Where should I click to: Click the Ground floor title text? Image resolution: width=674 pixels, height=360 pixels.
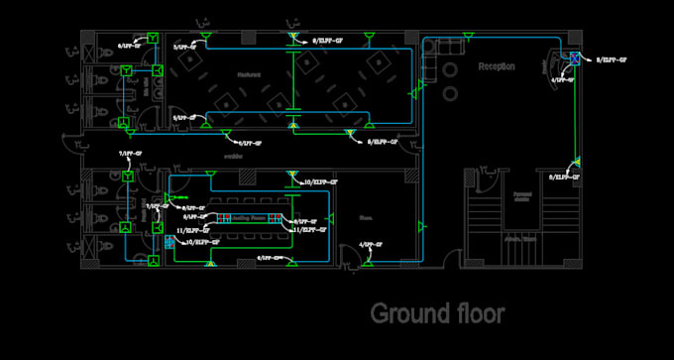tap(437, 313)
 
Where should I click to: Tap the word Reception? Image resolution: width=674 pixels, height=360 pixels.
tap(497, 66)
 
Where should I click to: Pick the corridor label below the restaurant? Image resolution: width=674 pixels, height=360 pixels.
tap(233, 156)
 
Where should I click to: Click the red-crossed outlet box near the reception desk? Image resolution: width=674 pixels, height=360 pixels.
tap(573, 57)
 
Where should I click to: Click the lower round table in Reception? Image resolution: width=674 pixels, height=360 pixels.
tap(451, 93)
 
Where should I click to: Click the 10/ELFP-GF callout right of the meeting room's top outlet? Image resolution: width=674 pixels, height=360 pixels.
tap(321, 182)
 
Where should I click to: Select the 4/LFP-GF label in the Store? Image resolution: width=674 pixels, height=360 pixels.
tap(371, 243)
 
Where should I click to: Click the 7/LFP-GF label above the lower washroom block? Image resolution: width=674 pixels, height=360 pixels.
tap(130, 155)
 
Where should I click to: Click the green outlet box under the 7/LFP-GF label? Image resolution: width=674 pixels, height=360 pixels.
tap(128, 176)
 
